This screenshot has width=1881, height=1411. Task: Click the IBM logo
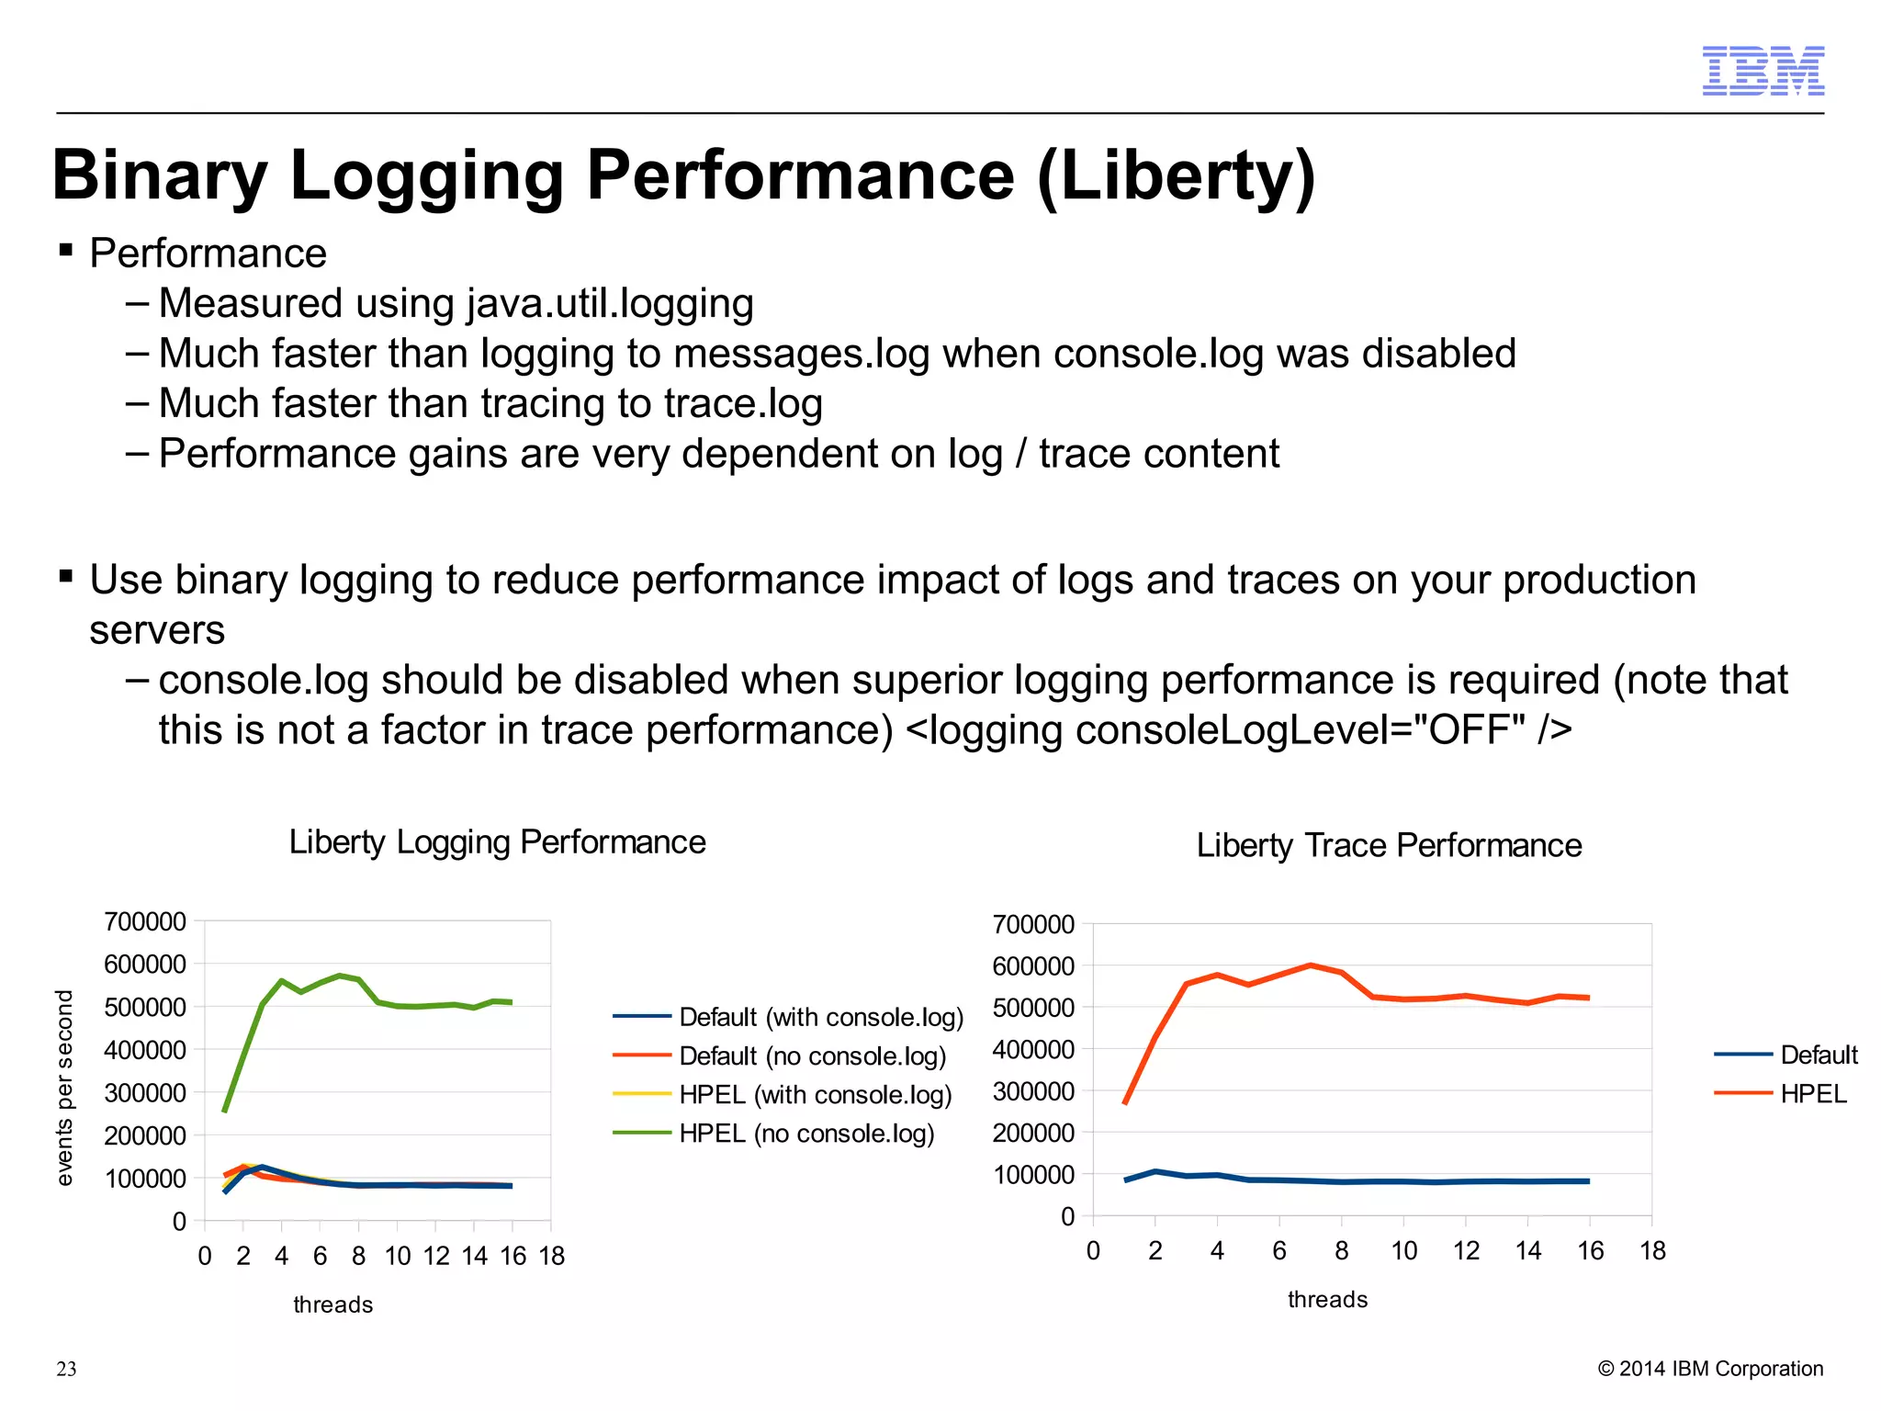coord(1763,71)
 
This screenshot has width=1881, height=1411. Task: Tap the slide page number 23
coord(66,1369)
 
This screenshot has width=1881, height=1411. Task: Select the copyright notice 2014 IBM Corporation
coord(1710,1369)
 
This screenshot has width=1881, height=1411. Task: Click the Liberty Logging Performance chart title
coord(497,842)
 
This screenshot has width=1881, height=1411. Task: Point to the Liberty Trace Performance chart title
coord(1389,845)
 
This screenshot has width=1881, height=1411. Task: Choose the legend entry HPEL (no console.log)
coord(806,1134)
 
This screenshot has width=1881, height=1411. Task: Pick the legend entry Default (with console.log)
coord(821,1017)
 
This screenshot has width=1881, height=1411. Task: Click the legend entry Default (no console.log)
coord(812,1056)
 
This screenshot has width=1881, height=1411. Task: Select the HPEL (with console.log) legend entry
coord(815,1095)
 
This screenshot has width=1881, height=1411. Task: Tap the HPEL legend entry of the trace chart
coord(1812,1094)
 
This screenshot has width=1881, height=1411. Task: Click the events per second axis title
coord(63,1088)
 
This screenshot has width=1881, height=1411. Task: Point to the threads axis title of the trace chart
coord(1327,1300)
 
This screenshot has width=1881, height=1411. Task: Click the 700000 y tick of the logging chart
coord(145,921)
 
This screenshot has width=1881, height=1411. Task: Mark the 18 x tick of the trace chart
coord(1652,1251)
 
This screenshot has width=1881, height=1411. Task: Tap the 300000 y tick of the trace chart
coord(1033,1091)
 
